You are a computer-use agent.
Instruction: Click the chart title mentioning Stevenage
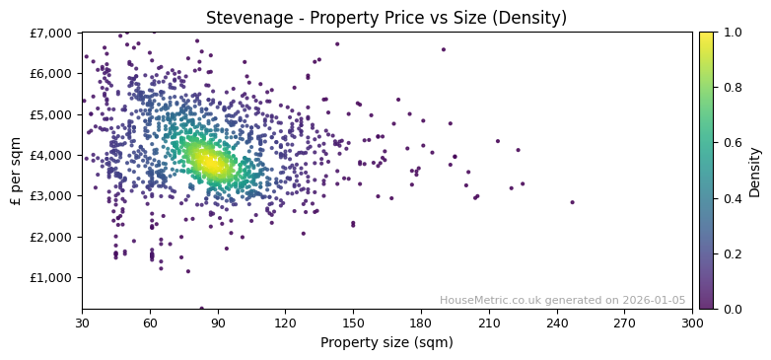point(385,18)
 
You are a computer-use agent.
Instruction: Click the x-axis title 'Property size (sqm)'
point(386,343)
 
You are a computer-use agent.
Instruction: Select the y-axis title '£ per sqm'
point(16,171)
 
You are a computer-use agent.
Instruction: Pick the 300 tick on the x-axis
point(692,323)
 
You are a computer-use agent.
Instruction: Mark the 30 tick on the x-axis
point(82,323)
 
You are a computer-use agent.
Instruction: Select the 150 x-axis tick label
point(353,323)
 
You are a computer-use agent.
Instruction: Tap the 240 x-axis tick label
point(556,323)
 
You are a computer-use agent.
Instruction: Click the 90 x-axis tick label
point(218,323)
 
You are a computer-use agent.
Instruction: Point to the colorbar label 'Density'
point(755,171)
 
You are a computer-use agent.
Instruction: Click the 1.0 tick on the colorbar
point(731,33)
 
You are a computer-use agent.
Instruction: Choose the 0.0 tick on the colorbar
point(731,309)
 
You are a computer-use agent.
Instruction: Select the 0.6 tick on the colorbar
point(731,143)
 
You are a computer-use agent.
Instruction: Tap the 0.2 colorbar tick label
point(731,253)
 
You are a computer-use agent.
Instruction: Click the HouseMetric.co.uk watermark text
point(562,301)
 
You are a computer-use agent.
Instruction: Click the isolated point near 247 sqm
point(572,202)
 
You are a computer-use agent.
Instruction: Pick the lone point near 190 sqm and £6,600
point(443,49)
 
